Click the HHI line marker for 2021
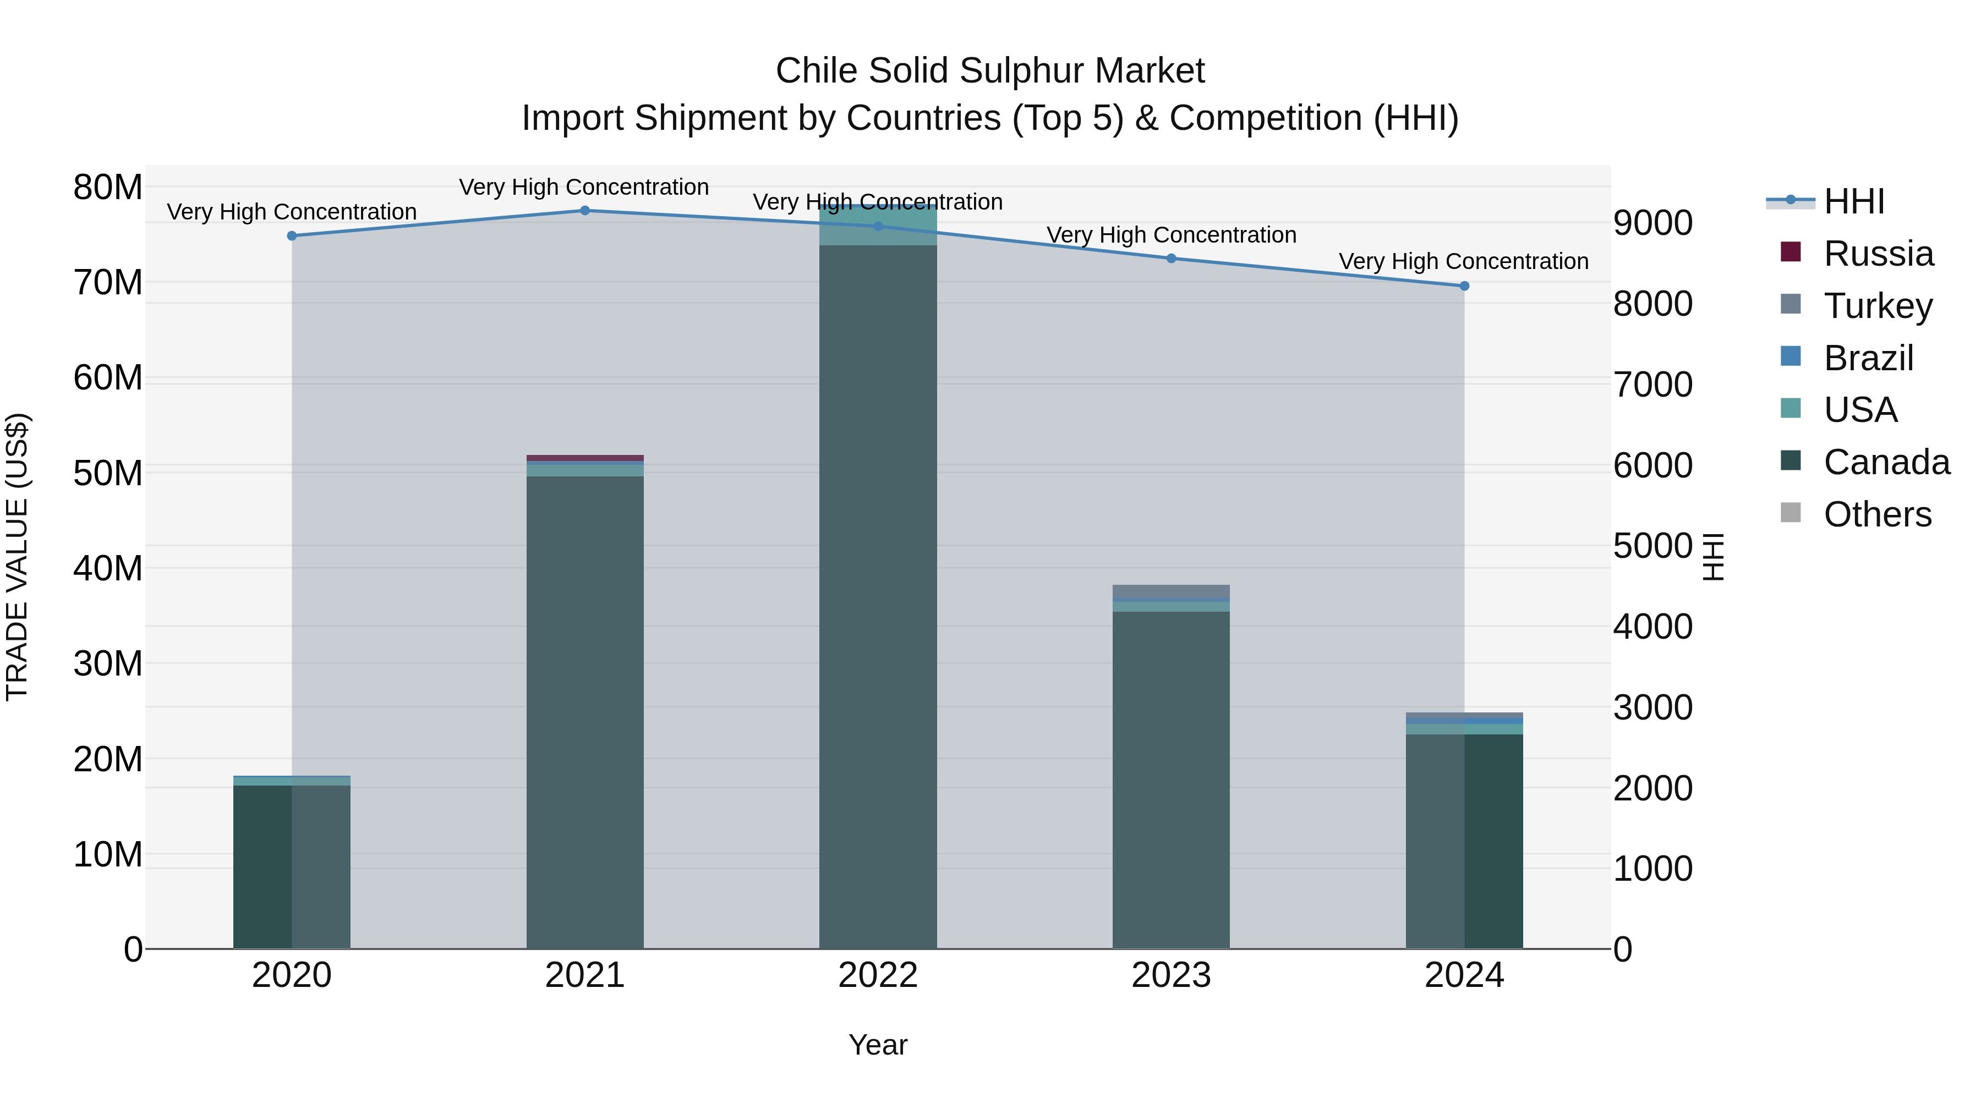(584, 211)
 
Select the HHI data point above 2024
(1464, 286)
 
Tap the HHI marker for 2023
(1171, 259)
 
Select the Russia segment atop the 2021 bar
(584, 458)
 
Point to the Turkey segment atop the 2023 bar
(1171, 591)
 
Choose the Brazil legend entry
(1868, 358)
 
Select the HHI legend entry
(1853, 201)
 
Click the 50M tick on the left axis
(108, 473)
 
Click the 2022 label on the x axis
(878, 975)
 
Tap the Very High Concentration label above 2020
(292, 211)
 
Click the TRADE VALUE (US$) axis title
(17, 557)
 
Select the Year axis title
(878, 1045)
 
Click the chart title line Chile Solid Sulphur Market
(990, 71)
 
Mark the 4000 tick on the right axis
(1652, 627)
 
